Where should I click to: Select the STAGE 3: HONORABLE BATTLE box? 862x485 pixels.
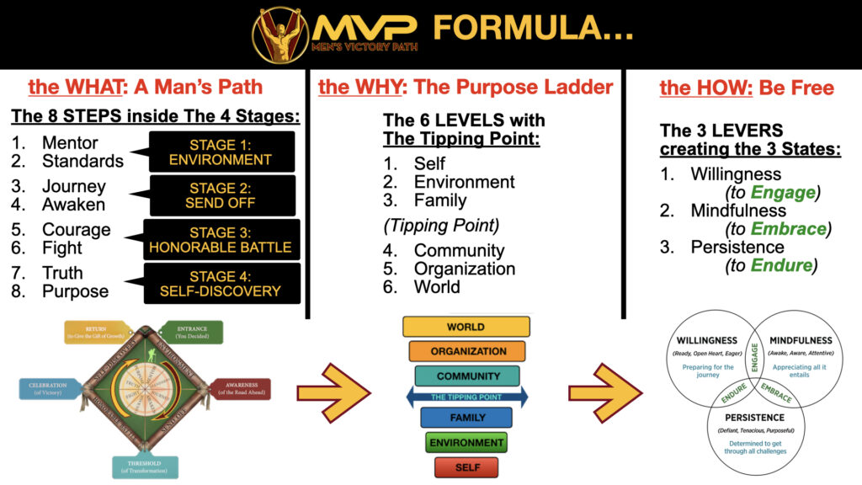click(220, 238)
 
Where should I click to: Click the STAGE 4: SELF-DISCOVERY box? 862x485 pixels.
click(220, 283)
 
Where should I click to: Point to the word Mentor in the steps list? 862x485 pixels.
click(70, 143)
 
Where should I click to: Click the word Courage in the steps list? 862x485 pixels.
click(76, 230)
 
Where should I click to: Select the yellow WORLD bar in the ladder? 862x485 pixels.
click(466, 327)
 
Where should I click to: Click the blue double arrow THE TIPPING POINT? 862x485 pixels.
click(466, 397)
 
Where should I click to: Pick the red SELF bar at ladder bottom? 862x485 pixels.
click(466, 466)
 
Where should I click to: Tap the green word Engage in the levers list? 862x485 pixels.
click(787, 192)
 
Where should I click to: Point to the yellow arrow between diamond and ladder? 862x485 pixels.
click(333, 392)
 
